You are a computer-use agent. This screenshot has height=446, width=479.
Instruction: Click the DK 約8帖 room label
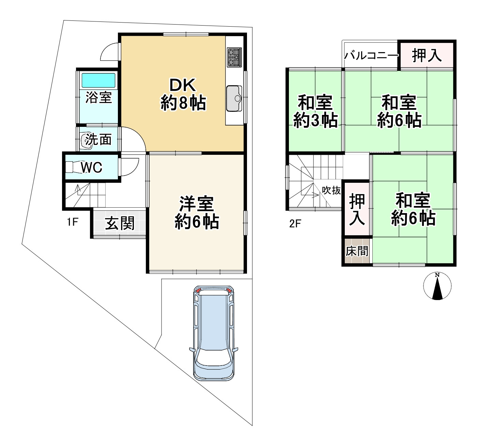click(x=183, y=94)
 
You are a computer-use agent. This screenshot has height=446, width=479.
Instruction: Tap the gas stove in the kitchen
click(x=234, y=57)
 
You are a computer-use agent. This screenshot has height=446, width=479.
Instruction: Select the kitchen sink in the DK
click(x=234, y=98)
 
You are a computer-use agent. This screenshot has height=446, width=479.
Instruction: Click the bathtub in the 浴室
click(x=98, y=80)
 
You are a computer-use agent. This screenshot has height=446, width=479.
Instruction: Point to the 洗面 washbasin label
click(x=98, y=139)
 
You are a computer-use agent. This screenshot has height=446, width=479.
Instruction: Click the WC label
click(x=92, y=167)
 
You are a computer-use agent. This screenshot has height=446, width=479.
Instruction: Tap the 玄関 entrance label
click(x=120, y=224)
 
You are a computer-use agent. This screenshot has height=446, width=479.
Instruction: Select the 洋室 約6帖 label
click(x=197, y=213)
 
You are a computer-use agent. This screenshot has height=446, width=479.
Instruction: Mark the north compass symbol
click(x=437, y=286)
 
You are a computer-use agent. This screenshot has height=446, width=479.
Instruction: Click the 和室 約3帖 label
click(x=315, y=111)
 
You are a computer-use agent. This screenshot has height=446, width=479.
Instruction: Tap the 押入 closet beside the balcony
click(x=427, y=55)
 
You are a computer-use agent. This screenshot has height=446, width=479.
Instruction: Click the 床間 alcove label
click(x=357, y=252)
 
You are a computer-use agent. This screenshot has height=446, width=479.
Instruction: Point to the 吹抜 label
click(x=331, y=190)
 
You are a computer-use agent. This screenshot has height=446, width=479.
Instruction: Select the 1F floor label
click(x=73, y=222)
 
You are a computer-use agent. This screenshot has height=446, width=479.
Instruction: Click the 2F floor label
click(x=295, y=224)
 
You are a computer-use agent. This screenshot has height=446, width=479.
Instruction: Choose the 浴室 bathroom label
click(x=98, y=98)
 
